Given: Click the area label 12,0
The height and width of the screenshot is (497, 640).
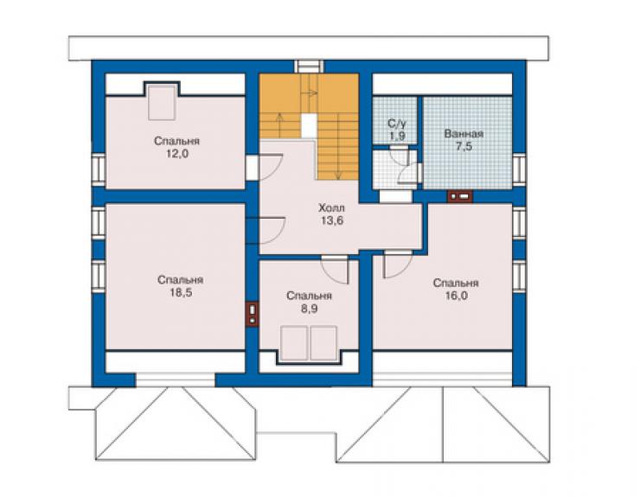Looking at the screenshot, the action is pos(177,154).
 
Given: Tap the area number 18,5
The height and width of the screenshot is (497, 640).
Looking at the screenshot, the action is pos(181,293).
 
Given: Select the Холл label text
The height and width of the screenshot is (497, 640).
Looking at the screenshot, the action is pos(331,208).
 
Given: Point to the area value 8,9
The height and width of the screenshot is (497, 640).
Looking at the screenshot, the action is pos(310,309).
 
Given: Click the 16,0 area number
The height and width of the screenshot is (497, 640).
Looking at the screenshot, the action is pos(457,296).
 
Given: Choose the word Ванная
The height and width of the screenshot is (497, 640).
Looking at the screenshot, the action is pos(464,134).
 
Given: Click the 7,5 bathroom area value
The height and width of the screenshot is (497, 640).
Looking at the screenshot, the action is pos(464,146).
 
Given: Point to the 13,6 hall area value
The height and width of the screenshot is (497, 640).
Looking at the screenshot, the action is pos(332,220).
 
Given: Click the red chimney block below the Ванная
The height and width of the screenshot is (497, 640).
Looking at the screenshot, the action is pos(460,197).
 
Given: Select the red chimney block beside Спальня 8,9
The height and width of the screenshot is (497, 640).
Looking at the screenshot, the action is pos(253,314).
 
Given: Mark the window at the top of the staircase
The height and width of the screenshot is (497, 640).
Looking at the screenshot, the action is pos(309,67).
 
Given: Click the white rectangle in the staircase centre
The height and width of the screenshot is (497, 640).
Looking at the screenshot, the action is pos(309,125).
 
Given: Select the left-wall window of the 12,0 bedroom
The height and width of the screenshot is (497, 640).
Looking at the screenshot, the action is pos(99,168).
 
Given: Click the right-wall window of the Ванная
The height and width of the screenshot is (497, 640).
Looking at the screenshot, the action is pos(519,168).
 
